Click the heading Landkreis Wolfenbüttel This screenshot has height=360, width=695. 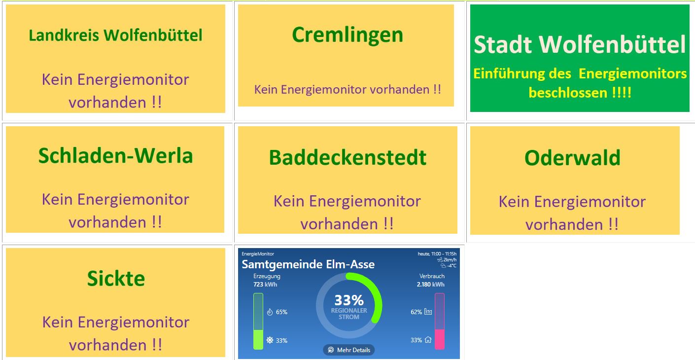pos(115,36)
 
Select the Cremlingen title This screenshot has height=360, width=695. pos(347,35)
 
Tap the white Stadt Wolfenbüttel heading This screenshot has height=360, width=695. pos(580,44)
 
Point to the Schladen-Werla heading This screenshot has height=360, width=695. pos(115,156)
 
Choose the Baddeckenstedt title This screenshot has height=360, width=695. pos(347,157)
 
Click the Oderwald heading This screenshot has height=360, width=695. pos(572,158)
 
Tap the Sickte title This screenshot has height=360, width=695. pos(116,279)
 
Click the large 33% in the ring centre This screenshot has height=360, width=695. pos(348,300)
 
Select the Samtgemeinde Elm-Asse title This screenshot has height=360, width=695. pos(308,264)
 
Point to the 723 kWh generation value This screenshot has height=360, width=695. pos(265,285)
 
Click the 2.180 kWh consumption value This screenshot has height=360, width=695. pos(430,285)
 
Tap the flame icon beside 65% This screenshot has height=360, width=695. pos(270,312)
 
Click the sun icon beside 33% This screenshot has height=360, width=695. pos(270,340)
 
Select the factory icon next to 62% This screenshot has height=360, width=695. pos(428,312)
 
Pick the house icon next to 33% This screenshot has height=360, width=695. pos(428,340)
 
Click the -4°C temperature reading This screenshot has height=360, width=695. pos(451,266)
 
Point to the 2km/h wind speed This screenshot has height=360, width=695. pos(450,260)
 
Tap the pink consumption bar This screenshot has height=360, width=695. pos(439,339)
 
